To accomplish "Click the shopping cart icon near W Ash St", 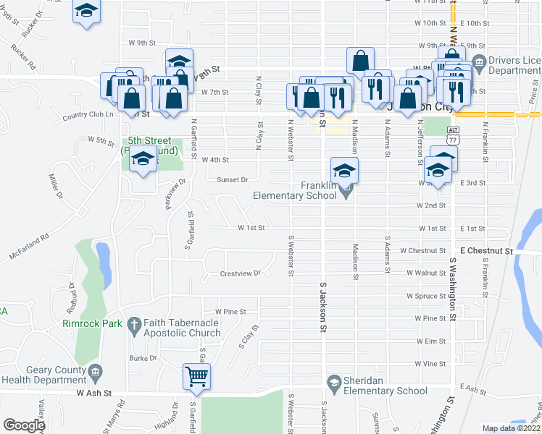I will [x=196, y=376].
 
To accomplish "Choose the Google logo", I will [x=24, y=425].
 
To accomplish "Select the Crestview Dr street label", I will [x=240, y=273].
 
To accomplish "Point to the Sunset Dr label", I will [x=233, y=179].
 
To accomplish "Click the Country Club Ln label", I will [x=89, y=115].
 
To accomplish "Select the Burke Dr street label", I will [x=143, y=357].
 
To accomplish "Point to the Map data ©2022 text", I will [x=511, y=428].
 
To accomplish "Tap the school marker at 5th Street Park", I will [x=143, y=158].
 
